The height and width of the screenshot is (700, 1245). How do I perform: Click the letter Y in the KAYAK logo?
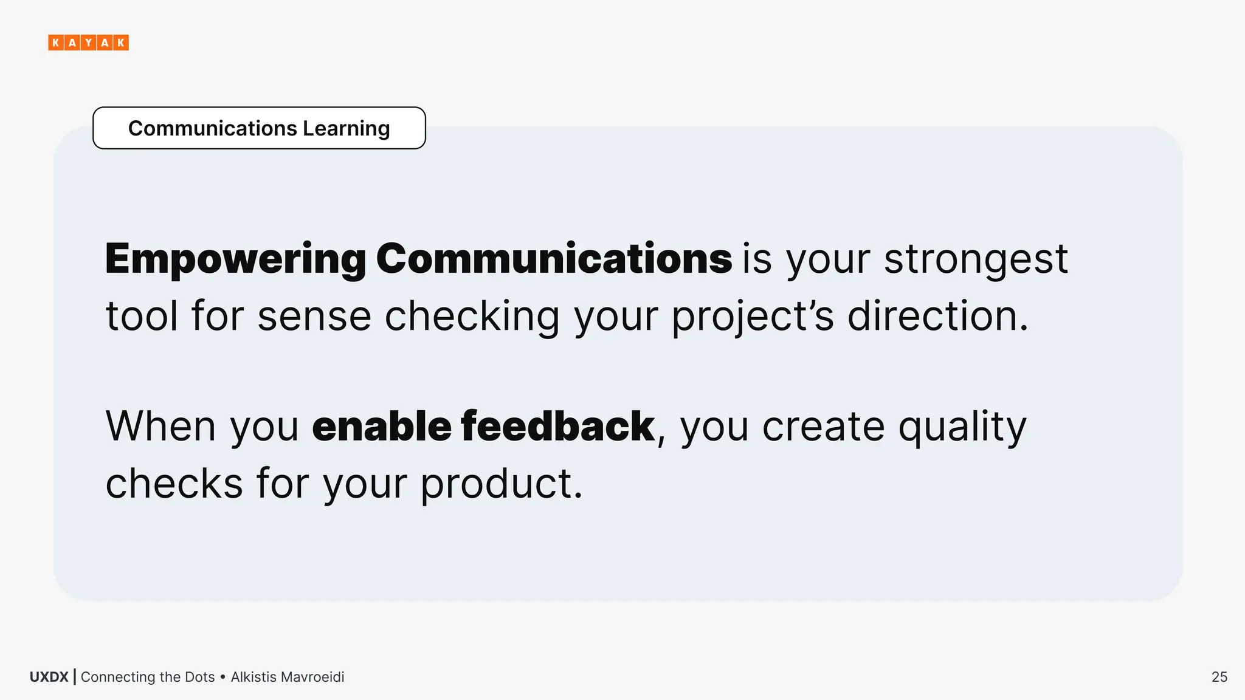pos(88,43)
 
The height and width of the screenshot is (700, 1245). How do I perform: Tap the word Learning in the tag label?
pos(346,129)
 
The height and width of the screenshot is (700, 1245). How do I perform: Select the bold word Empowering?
pos(235,259)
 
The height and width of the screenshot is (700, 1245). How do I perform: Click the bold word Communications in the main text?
pos(554,259)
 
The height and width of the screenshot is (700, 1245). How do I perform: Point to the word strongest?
pos(976,259)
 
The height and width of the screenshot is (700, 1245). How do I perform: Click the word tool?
pos(141,317)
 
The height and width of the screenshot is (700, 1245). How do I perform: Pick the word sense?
pos(314,317)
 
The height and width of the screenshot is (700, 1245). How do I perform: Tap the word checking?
pos(472,317)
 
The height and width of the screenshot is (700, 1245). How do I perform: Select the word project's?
pos(753,317)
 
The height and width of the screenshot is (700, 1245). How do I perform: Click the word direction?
pos(937,317)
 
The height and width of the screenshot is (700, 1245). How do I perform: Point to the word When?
pos(160,427)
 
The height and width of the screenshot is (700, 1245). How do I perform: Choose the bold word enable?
pos(381,427)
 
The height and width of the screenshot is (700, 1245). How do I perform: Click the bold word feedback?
pos(557,427)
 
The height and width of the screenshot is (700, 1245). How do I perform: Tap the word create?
pos(823,427)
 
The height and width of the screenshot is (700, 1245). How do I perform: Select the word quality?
pos(962,427)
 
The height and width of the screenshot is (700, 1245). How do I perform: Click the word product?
pos(501,484)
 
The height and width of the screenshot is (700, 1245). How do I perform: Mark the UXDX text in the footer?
pos(49,677)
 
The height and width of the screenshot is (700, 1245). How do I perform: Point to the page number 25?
pos(1219,677)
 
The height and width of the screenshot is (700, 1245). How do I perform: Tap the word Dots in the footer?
pos(200,677)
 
